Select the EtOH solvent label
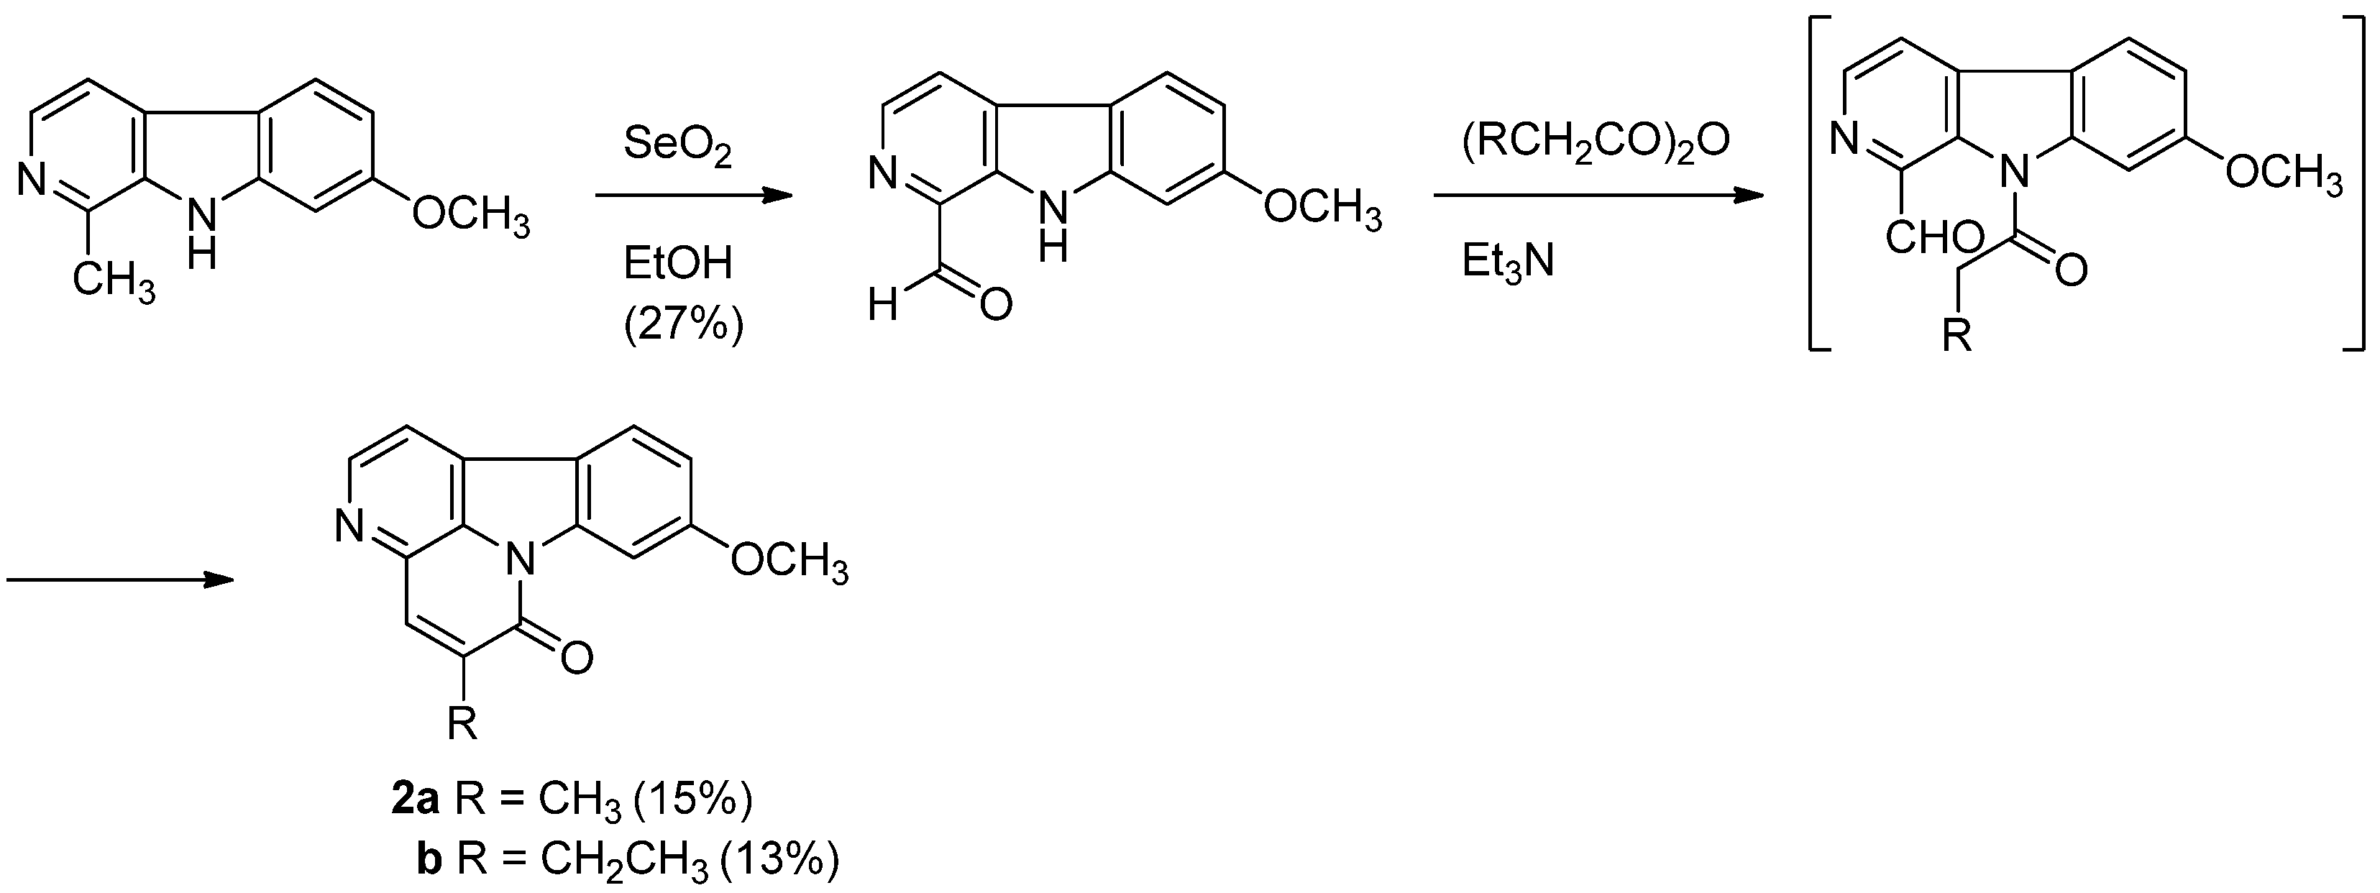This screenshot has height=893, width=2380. [677, 264]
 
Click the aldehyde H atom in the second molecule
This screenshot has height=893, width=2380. [883, 305]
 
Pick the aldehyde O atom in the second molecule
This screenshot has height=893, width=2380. [995, 304]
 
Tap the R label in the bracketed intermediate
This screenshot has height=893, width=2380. [1956, 335]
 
